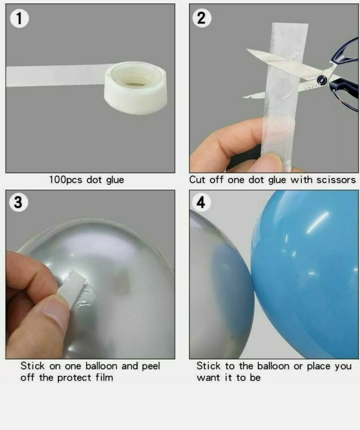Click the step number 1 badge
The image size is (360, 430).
[x=19, y=18]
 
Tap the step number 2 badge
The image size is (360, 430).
[x=202, y=18]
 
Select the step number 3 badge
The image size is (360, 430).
[x=18, y=202]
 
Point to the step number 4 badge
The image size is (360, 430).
[x=201, y=202]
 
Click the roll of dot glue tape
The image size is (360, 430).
[x=136, y=88]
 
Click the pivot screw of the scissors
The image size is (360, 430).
[x=322, y=80]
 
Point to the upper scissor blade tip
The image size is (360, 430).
[x=247, y=49]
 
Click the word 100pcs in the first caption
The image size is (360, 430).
[x=65, y=180]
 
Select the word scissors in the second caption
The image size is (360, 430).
[x=336, y=180]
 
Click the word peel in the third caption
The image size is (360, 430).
[x=151, y=366]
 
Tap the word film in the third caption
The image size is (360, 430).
[x=104, y=378]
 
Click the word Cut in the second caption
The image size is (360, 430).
[x=197, y=180]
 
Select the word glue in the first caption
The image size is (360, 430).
[x=115, y=180]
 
